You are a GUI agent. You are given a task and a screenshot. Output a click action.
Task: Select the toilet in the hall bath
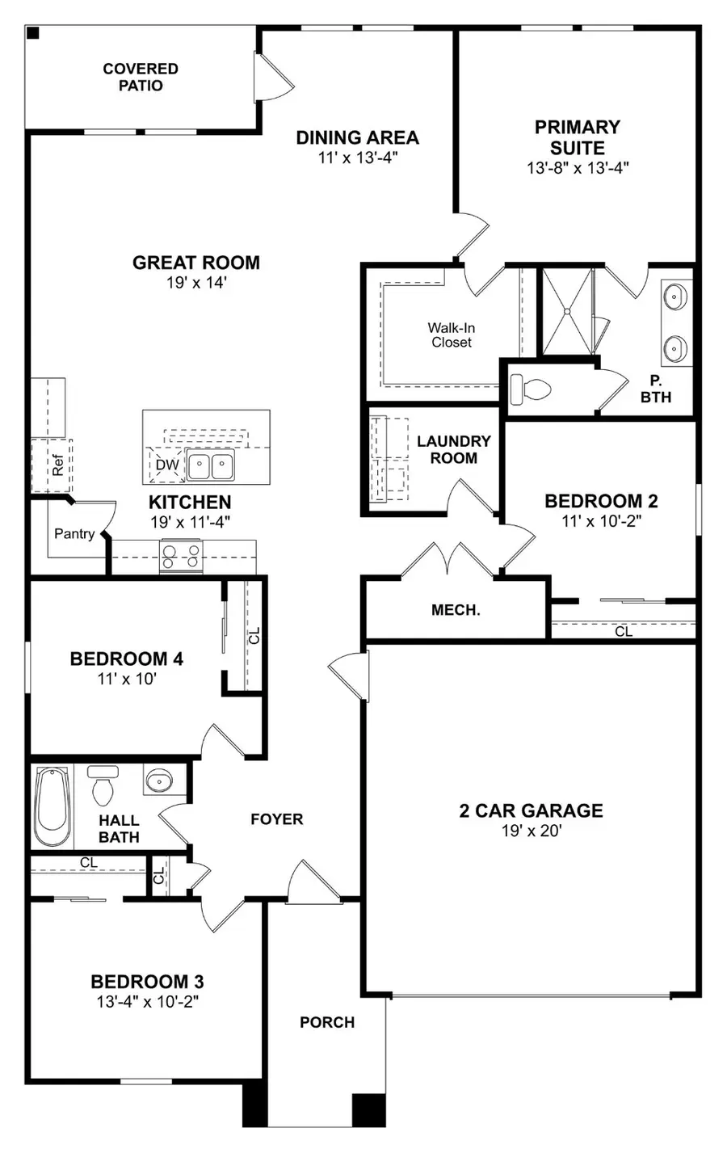(x=103, y=786)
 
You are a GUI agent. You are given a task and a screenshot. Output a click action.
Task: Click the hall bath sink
(x=158, y=781)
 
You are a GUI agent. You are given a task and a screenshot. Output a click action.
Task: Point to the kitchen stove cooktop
(x=182, y=557)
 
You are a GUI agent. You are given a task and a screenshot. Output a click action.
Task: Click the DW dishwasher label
(x=167, y=465)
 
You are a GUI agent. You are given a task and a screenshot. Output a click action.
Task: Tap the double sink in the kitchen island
(x=211, y=466)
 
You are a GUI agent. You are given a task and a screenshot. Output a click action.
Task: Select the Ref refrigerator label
(x=57, y=465)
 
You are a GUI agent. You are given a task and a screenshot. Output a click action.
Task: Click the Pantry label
(x=74, y=533)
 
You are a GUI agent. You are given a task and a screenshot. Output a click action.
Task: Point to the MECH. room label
(x=456, y=610)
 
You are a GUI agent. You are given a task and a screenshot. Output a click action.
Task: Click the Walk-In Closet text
(x=452, y=335)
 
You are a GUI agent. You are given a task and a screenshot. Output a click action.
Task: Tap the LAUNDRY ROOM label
(x=453, y=449)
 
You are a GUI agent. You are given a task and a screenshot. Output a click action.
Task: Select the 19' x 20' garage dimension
(x=531, y=831)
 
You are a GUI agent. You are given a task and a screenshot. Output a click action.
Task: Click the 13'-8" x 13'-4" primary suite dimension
(x=578, y=168)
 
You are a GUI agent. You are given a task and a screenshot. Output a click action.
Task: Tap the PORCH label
(x=327, y=1022)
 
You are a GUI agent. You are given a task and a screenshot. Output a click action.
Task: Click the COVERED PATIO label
(x=141, y=77)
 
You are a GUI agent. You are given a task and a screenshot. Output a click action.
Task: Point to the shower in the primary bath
(x=567, y=311)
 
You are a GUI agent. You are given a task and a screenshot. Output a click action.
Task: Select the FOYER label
(x=276, y=819)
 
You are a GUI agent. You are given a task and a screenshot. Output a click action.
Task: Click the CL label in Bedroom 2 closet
(x=624, y=631)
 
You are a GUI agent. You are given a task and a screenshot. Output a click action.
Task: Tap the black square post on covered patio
(x=33, y=33)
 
